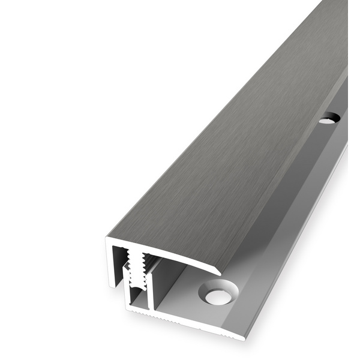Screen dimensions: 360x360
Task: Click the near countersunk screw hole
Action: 218,295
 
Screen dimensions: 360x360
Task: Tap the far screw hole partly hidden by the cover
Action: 328,119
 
